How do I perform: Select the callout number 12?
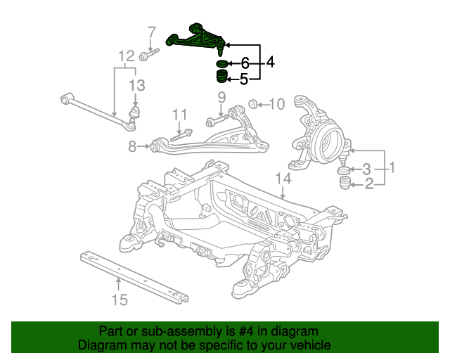(127, 56)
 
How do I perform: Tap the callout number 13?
(137, 85)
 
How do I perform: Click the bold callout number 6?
(245, 63)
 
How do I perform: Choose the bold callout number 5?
(243, 79)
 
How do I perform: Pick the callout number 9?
(222, 98)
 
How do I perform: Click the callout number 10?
(277, 105)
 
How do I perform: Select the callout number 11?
(180, 115)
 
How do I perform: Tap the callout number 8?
(132, 147)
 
